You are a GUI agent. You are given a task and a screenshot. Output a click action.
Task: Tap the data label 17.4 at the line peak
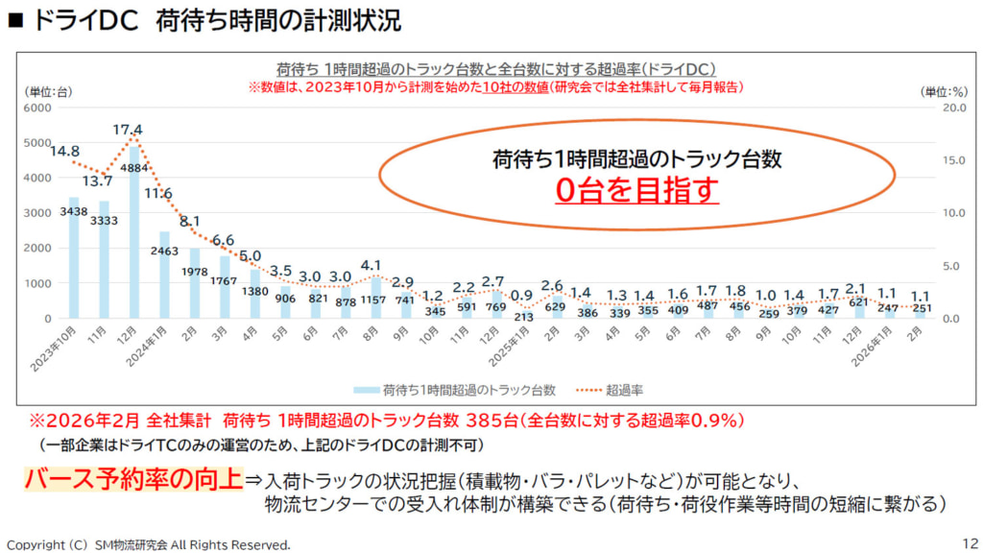click(x=127, y=130)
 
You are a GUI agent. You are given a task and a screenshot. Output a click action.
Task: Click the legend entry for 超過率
click(x=613, y=390)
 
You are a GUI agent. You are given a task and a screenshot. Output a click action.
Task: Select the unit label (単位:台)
click(x=47, y=91)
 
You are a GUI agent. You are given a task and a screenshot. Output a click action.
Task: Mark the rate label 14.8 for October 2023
click(x=64, y=151)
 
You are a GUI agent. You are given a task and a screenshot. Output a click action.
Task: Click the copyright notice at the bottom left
click(x=148, y=544)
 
